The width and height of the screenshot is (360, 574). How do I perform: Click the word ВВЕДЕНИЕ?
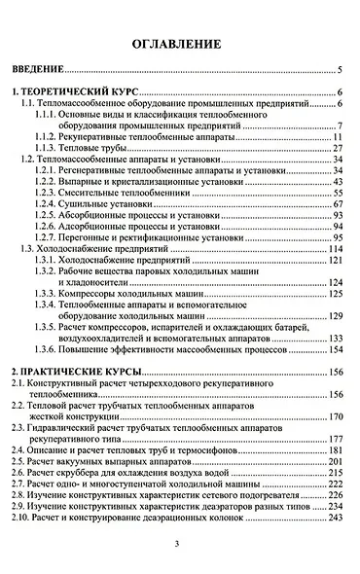point(38,71)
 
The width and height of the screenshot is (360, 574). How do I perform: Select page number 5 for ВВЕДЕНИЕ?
point(339,71)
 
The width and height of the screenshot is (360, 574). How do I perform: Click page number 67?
point(337,204)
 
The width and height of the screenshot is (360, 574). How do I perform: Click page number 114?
point(336,249)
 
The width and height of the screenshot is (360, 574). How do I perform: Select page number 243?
point(337,517)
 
